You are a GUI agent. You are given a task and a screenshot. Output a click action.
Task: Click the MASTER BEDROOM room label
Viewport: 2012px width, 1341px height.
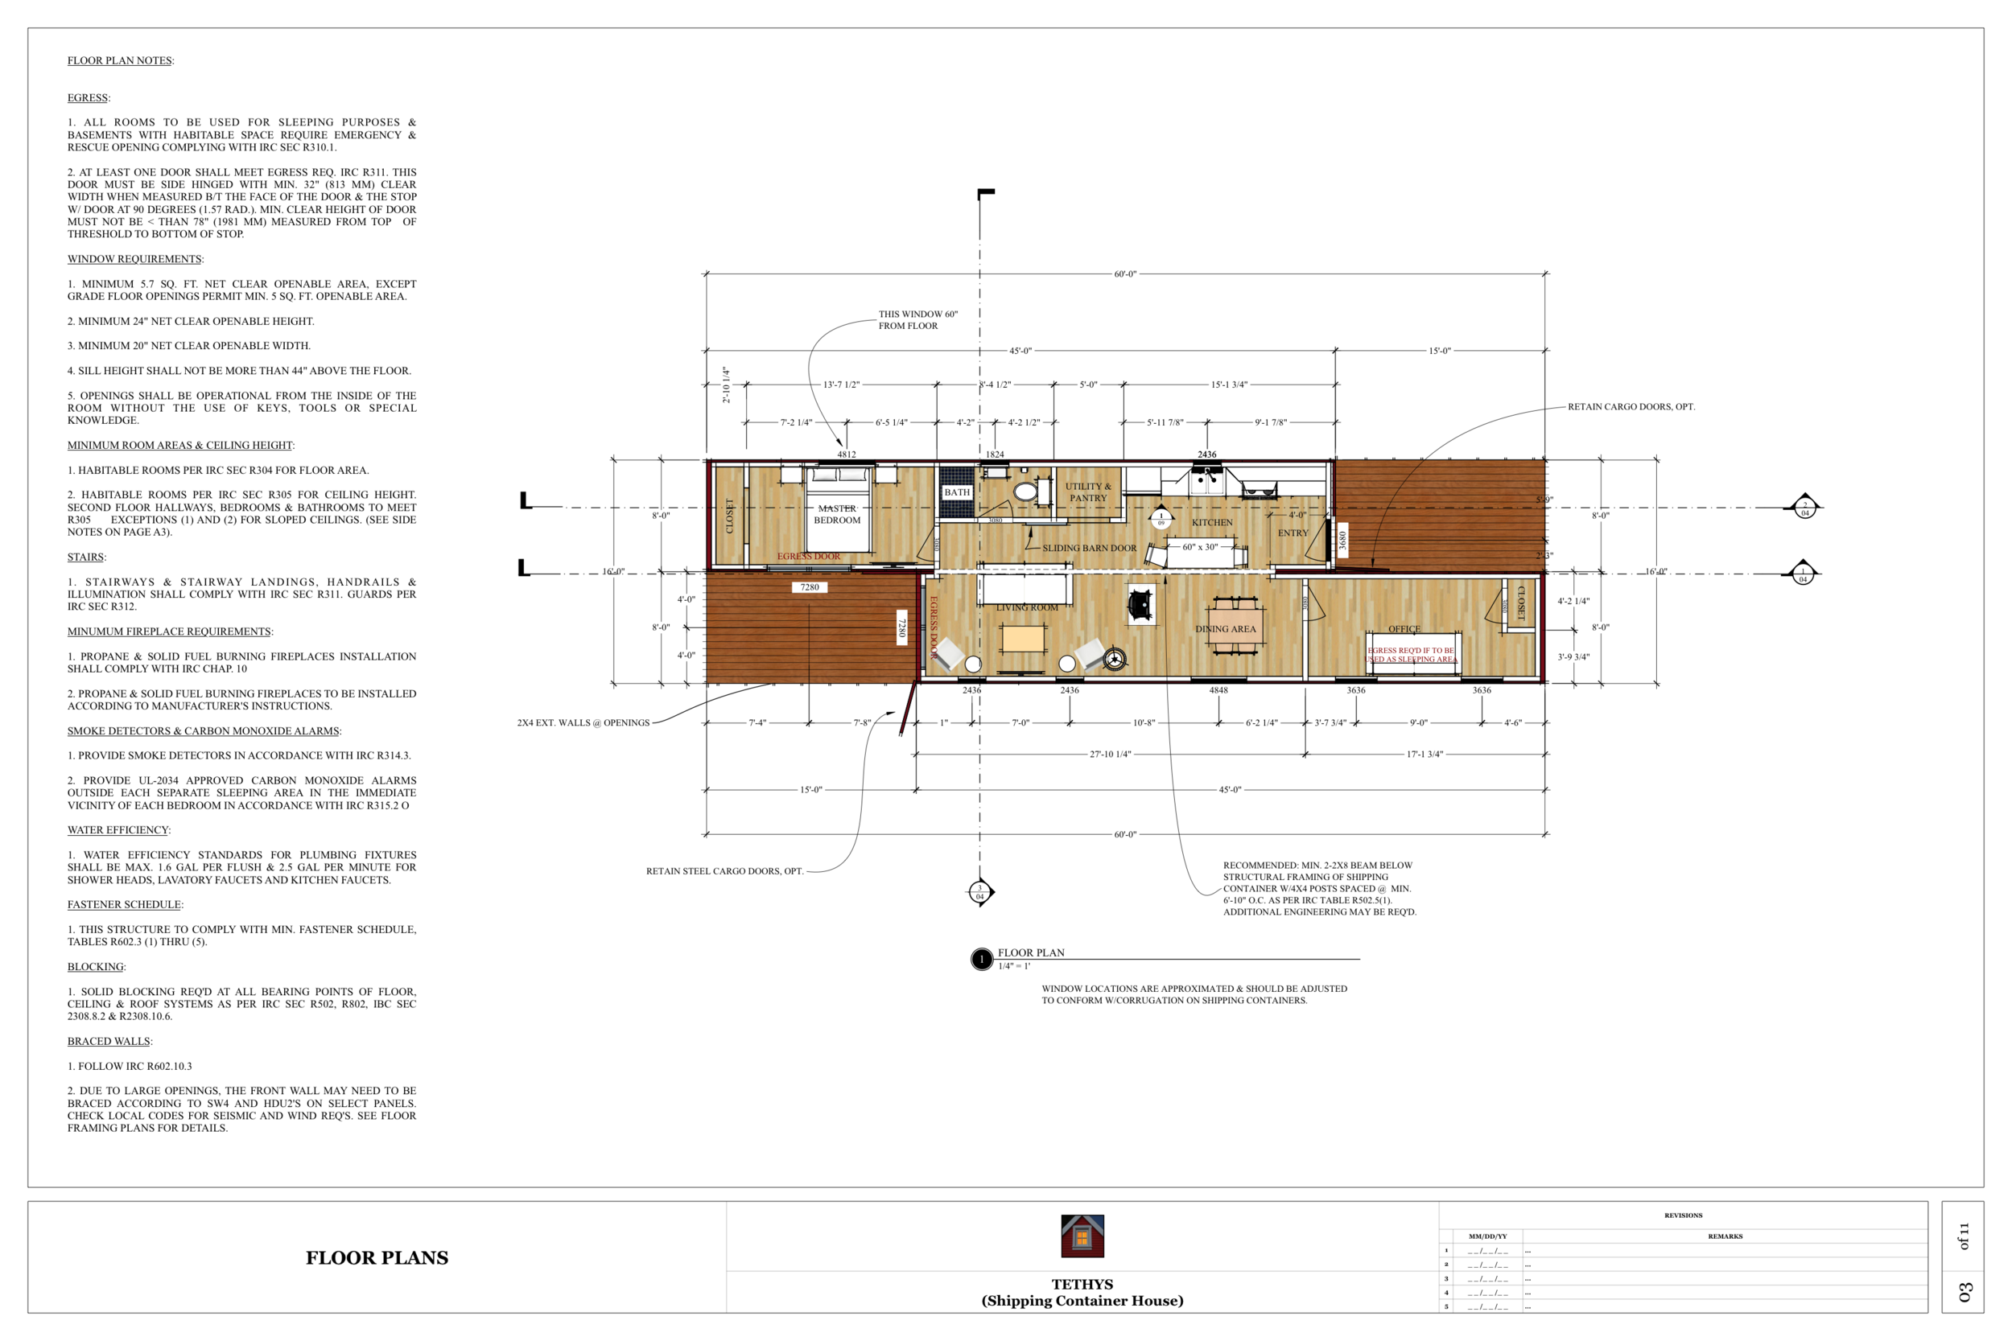pyautogui.click(x=837, y=514)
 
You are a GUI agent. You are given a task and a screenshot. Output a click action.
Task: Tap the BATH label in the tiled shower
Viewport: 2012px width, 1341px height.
pyautogui.click(x=956, y=492)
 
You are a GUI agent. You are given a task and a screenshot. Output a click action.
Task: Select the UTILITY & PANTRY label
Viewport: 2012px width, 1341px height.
pyautogui.click(x=1088, y=492)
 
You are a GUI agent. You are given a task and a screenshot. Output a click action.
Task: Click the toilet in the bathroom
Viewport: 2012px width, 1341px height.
pyautogui.click(x=1025, y=492)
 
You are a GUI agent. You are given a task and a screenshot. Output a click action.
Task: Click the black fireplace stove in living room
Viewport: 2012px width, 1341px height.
pyautogui.click(x=1140, y=605)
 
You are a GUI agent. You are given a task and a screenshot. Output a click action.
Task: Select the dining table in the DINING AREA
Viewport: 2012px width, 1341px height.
pyautogui.click(x=1235, y=625)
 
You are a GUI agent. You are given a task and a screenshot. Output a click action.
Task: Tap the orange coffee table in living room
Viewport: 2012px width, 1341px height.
pyautogui.click(x=1023, y=639)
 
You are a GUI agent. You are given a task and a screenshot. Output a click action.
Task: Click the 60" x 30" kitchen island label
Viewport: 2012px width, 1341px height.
pyautogui.click(x=1199, y=546)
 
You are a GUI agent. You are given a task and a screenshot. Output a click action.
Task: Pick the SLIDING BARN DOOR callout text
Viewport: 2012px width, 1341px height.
pyautogui.click(x=1089, y=548)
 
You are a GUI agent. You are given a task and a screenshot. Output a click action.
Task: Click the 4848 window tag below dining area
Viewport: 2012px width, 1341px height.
pyautogui.click(x=1218, y=690)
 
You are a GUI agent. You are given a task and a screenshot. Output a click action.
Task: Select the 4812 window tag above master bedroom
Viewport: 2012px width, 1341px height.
pyautogui.click(x=846, y=455)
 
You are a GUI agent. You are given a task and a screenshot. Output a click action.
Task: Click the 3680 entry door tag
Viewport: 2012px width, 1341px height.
pyautogui.click(x=1342, y=540)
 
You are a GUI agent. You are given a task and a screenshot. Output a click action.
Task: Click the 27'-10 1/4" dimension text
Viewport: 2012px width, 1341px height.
pyautogui.click(x=1110, y=755)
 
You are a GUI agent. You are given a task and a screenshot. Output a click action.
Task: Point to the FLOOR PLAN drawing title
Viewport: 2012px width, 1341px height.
pyautogui.click(x=1031, y=952)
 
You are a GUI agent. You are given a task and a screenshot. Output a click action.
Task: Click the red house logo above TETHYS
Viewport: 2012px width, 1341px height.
pyautogui.click(x=1082, y=1236)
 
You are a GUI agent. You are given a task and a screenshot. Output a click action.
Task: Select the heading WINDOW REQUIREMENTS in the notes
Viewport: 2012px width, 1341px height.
pyautogui.click(x=134, y=259)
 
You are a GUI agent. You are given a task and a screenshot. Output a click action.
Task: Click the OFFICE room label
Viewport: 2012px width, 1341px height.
pyautogui.click(x=1404, y=628)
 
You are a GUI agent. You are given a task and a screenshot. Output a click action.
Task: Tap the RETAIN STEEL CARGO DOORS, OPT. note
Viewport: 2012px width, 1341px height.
pyautogui.click(x=724, y=871)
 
